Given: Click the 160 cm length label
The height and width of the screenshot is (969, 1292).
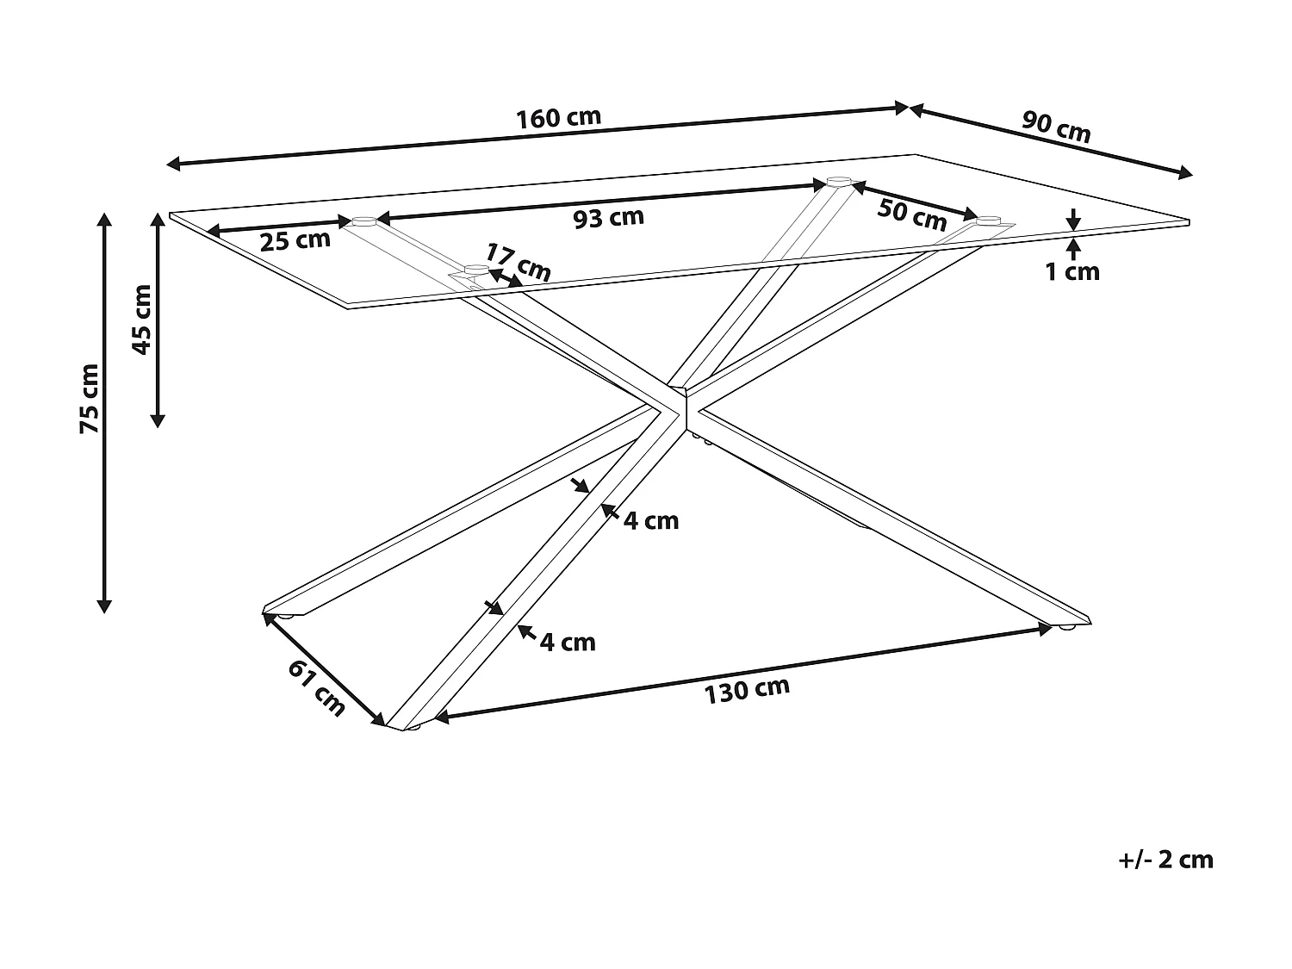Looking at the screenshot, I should [x=558, y=118].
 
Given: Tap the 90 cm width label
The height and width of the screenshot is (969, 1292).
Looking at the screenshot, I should [x=1056, y=127].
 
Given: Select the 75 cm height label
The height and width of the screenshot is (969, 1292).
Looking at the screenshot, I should [x=89, y=398].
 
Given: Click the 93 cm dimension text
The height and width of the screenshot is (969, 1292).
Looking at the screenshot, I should [x=609, y=218].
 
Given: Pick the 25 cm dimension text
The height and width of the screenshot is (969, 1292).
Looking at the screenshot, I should [x=295, y=239].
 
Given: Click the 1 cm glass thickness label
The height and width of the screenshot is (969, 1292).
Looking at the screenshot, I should [x=1072, y=272].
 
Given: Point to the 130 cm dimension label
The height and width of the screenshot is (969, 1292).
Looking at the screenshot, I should [x=747, y=689].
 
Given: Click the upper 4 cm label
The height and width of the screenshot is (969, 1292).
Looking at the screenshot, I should [x=651, y=520].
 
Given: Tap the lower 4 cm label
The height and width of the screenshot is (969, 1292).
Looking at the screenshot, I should [x=568, y=642].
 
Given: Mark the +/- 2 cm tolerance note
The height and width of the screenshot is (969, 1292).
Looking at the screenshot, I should [x=1166, y=860].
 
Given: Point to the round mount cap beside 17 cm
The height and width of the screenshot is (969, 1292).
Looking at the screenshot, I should [x=475, y=270].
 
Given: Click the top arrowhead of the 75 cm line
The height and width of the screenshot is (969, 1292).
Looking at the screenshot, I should [x=104, y=218].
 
